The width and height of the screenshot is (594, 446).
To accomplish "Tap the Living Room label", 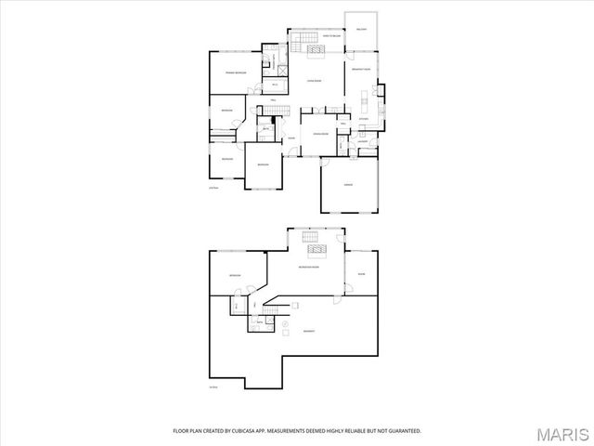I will tap(315, 81).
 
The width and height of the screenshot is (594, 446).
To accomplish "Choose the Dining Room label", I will tap(317, 134).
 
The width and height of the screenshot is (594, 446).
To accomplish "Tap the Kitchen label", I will tap(364, 119).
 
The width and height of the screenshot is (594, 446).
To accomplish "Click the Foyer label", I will tap(291, 139).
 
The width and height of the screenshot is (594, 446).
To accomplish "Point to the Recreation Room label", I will tap(310, 268).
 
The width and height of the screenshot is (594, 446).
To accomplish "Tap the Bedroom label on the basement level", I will tap(235, 275).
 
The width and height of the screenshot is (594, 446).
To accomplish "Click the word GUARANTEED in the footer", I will tap(401, 431).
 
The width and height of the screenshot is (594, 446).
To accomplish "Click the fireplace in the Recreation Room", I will tap(314, 248).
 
